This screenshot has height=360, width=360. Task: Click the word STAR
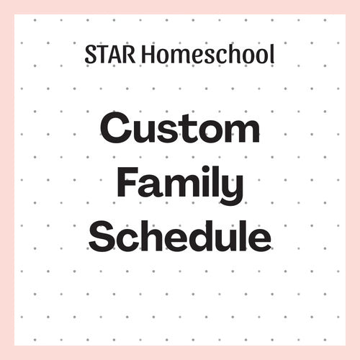pos(110,54)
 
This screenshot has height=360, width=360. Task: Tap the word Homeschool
pos(208,54)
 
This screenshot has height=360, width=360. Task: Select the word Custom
pos(180,127)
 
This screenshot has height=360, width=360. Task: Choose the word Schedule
pos(180,235)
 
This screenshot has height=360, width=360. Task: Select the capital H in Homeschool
pos(149,54)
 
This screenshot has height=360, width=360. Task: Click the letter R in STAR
pos(129,55)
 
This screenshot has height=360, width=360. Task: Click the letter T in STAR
pos(101,55)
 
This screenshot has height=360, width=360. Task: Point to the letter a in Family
pos(149,186)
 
